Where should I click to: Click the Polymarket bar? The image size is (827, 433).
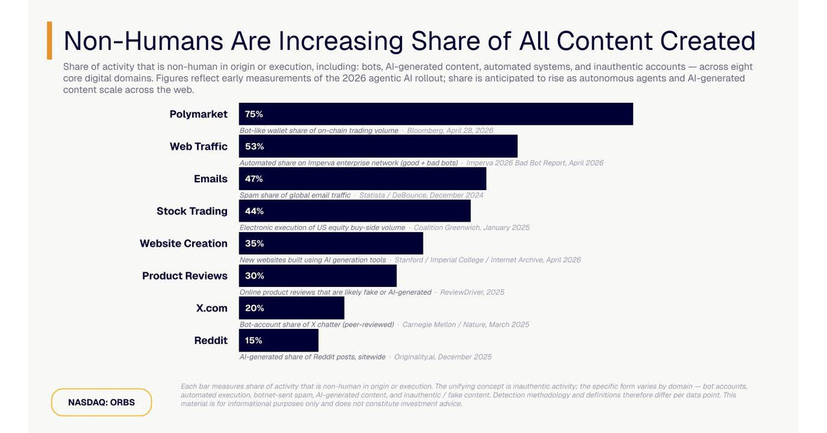[x=436, y=114]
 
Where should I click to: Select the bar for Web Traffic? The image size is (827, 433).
[x=378, y=146]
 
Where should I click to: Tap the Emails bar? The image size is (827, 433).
[x=363, y=178]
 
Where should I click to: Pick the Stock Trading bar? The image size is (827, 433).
[x=354, y=211]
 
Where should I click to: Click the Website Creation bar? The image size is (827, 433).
[x=331, y=243]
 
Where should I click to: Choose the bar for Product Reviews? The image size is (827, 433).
[x=317, y=276]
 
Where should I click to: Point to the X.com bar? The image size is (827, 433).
[x=292, y=308]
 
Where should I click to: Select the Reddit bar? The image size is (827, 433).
[x=279, y=341]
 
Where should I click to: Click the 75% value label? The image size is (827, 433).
[x=254, y=114]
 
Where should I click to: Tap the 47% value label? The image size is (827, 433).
[x=254, y=178]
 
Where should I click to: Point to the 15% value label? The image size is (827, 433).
[x=253, y=341]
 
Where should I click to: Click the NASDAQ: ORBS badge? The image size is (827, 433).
[x=102, y=403]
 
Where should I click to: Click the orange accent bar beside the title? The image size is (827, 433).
[x=50, y=40]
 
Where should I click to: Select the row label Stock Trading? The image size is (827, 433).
[x=192, y=211]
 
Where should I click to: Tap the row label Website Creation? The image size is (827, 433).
[x=184, y=243]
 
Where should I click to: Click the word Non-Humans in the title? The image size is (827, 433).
[x=144, y=41]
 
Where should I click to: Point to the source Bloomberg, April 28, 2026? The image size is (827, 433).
[x=450, y=131]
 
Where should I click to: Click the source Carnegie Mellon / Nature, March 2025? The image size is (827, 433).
[x=466, y=324]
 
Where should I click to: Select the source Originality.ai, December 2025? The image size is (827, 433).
[x=443, y=357]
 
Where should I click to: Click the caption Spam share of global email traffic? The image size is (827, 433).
[x=295, y=195]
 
